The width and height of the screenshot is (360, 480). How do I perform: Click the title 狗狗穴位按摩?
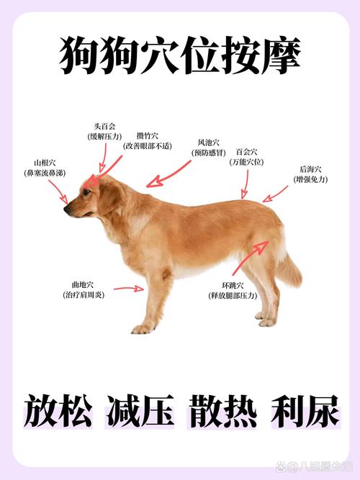[x=180, y=56]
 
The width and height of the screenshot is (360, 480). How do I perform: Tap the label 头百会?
[x=105, y=126]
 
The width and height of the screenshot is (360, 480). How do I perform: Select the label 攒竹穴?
[x=148, y=135]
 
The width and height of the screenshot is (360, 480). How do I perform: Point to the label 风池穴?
[x=210, y=142]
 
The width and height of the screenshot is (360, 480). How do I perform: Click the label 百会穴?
[x=246, y=153]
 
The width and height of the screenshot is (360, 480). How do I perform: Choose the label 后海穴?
[x=312, y=169]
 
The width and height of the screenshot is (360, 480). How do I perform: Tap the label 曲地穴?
[x=83, y=285]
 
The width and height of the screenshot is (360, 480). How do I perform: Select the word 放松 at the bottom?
[x=58, y=412]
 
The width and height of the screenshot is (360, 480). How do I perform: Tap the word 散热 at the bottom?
[x=220, y=412]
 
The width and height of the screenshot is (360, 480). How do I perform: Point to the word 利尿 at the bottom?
[x=302, y=412]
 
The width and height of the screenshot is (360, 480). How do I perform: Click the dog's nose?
[x=66, y=209]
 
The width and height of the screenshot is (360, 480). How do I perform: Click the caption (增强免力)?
[x=312, y=178]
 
